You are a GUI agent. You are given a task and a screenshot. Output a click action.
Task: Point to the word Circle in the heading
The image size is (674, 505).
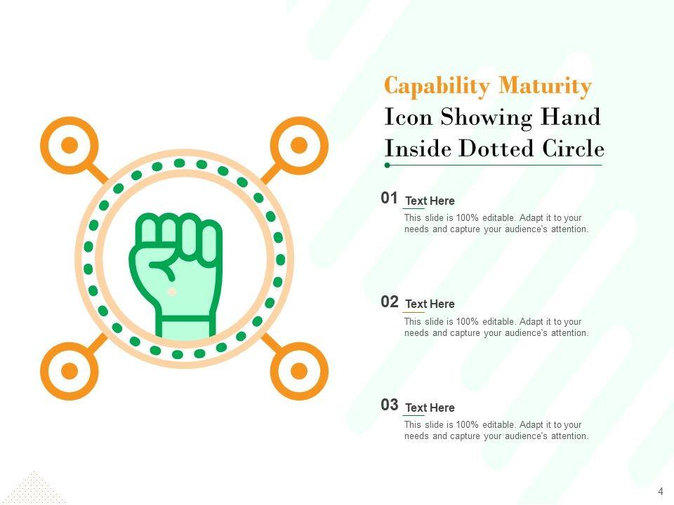pyautogui.click(x=573, y=148)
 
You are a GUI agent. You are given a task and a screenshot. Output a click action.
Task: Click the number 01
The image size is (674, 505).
pyautogui.click(x=389, y=198)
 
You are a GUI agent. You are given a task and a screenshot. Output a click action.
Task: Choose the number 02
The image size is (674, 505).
pyautogui.click(x=390, y=302)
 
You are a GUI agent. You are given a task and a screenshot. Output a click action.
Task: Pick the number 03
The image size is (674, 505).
pyautogui.click(x=390, y=405)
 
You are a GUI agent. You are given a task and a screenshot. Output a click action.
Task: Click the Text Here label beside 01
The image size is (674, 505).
pyautogui.click(x=430, y=201)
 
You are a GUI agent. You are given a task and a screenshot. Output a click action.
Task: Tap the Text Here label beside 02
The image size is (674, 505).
pyautogui.click(x=430, y=304)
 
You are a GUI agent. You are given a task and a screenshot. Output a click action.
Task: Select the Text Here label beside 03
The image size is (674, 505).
pyautogui.click(x=430, y=408)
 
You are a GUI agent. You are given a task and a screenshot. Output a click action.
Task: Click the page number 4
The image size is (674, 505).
pyautogui.click(x=661, y=492)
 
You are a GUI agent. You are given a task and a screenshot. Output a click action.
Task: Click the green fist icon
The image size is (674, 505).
pyautogui.click(x=176, y=275)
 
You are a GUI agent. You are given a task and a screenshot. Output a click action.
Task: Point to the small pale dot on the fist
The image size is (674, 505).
pyautogui.click(x=172, y=292)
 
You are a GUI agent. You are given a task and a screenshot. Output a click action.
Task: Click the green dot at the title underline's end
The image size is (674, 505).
pyautogui.click(x=388, y=166)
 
